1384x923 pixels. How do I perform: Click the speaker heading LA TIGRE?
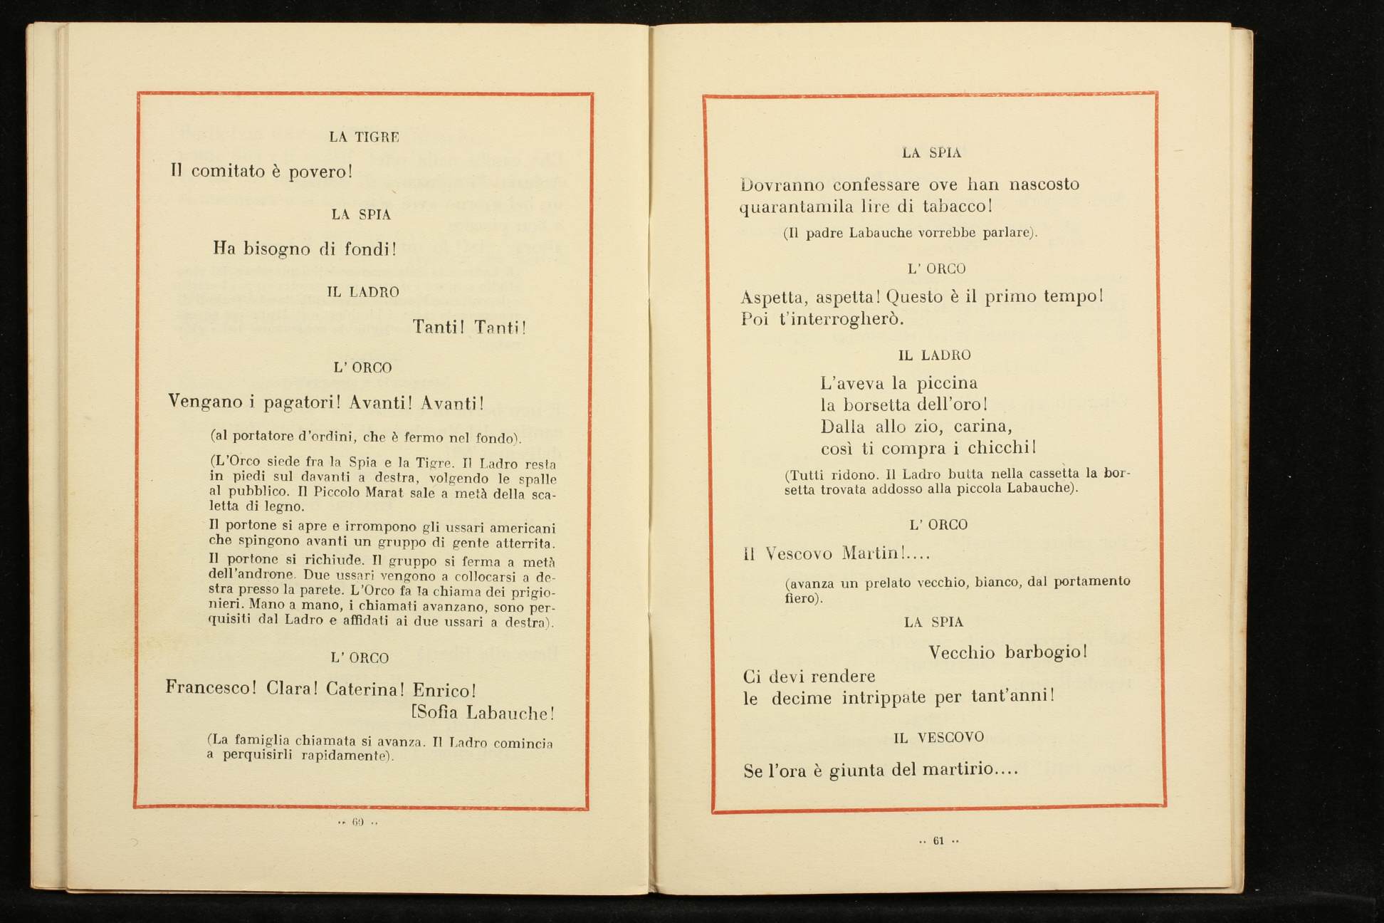(x=364, y=137)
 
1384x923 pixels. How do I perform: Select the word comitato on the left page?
(x=228, y=171)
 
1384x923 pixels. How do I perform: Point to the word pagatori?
(x=303, y=402)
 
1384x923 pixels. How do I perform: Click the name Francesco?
(x=211, y=689)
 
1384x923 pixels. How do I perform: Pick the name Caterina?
(x=365, y=689)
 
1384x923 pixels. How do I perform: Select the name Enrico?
(x=444, y=690)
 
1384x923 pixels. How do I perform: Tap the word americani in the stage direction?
(x=523, y=528)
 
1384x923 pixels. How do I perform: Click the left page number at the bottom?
(x=357, y=822)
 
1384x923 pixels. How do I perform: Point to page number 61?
(x=938, y=841)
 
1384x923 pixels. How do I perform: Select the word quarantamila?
(x=796, y=207)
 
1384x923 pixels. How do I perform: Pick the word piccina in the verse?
(x=947, y=383)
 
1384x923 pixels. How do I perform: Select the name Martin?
(x=874, y=553)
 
